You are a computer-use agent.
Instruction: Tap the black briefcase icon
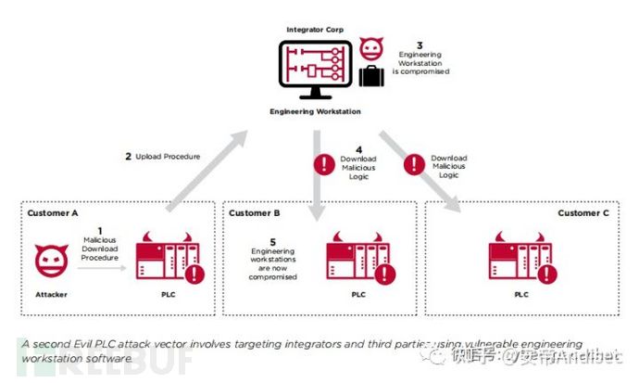click(x=372, y=77)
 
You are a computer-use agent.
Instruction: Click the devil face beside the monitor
click(x=372, y=47)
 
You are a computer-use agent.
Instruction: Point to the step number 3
click(x=419, y=44)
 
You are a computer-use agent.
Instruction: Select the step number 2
click(x=128, y=157)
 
